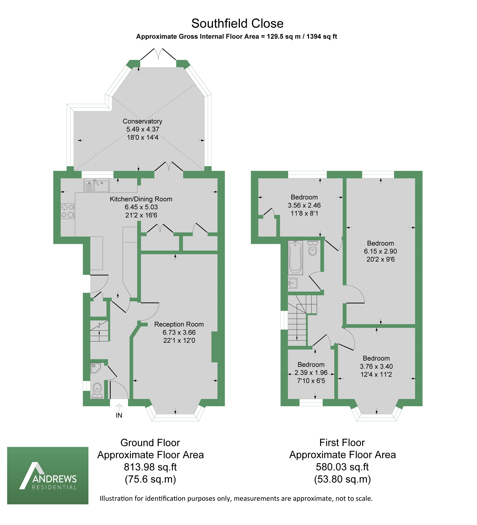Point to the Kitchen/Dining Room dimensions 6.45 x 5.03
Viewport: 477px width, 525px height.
point(141,207)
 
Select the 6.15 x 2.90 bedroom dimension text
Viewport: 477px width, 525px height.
point(380,251)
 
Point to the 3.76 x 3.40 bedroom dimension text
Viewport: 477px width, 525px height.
point(376,366)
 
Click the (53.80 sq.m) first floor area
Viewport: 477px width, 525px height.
point(342,479)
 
